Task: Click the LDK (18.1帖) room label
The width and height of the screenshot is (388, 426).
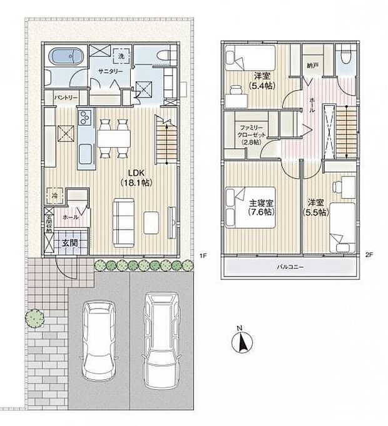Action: [x=136, y=178]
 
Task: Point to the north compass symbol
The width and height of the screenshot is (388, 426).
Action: [x=240, y=342]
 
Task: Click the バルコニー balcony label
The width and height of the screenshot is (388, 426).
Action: [x=290, y=268]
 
